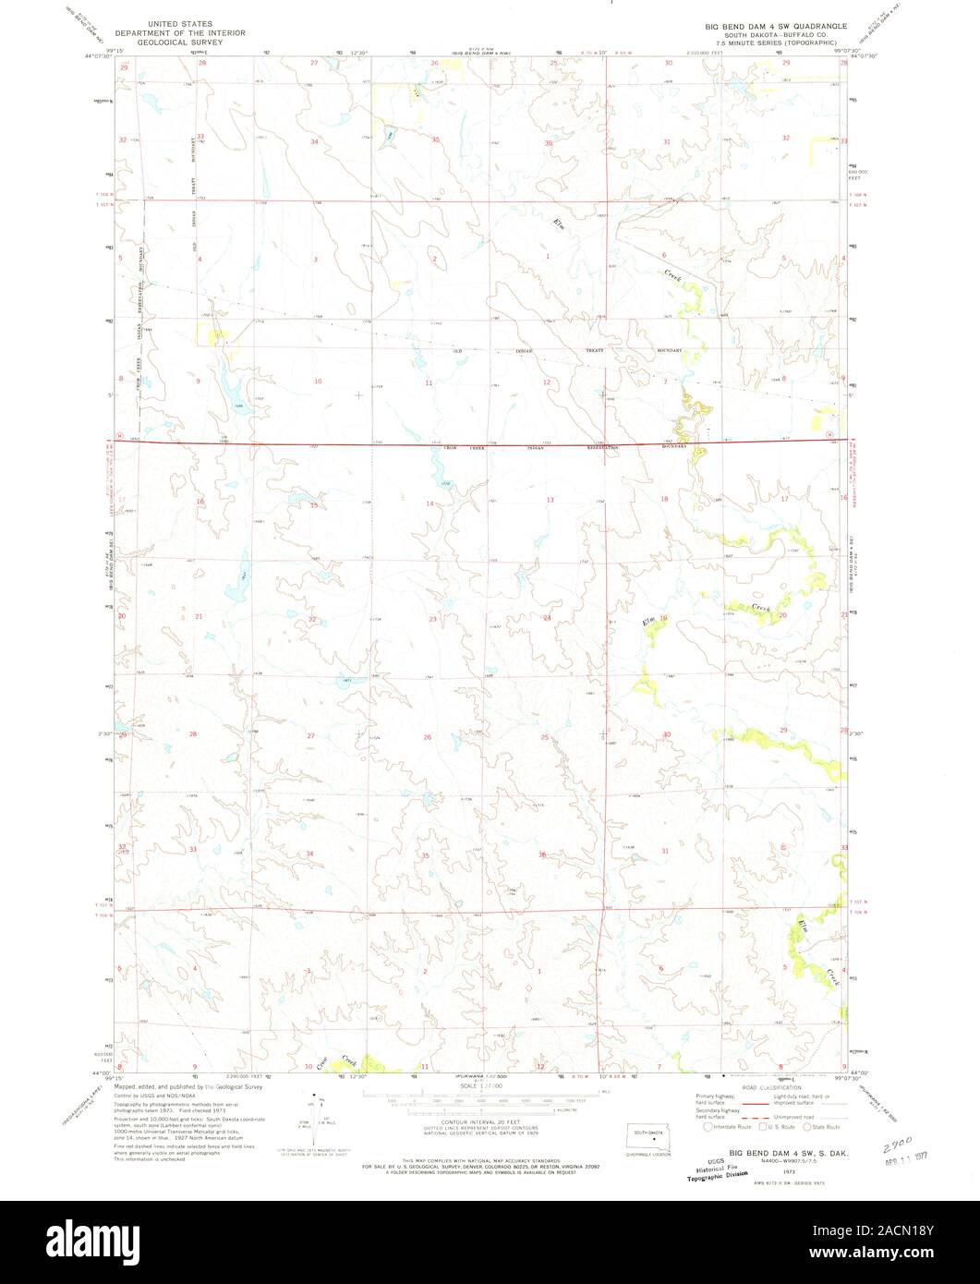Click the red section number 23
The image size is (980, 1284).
tap(432, 619)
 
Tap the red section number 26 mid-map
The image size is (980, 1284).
tap(427, 737)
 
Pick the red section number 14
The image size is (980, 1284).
tap(429, 503)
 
